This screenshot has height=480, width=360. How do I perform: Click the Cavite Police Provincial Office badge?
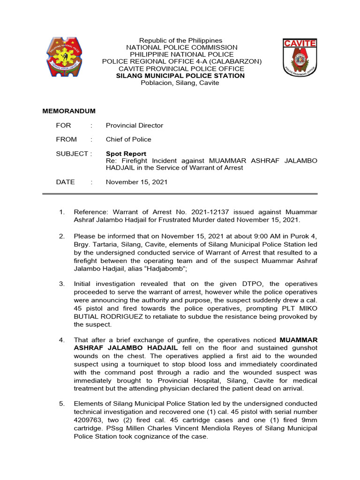(x=300, y=58)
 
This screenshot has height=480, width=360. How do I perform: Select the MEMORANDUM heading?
(x=69, y=111)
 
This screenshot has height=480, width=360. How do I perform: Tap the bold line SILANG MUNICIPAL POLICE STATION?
(x=180, y=75)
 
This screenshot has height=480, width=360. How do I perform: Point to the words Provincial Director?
(x=135, y=125)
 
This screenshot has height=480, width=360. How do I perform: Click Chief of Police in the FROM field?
(x=128, y=139)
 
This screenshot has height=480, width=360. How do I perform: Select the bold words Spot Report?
(x=126, y=154)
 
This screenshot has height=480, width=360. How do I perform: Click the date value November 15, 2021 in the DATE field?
(x=136, y=182)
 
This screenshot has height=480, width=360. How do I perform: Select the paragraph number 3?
(x=61, y=284)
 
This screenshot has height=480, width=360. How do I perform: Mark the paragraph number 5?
(x=61, y=404)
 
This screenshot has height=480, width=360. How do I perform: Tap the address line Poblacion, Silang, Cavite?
(x=180, y=83)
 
